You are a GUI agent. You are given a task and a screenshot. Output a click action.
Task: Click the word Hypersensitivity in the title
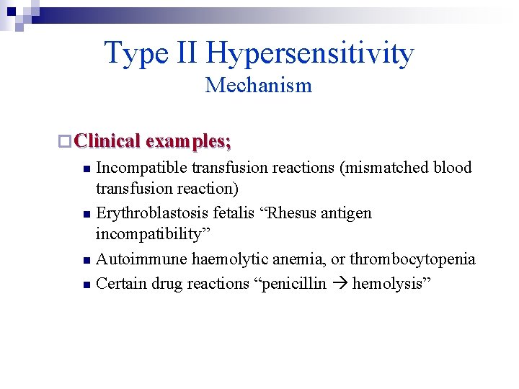click(310, 53)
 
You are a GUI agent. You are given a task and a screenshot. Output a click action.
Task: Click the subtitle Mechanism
click(259, 85)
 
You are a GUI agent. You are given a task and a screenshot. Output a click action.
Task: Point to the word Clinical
click(107, 140)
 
